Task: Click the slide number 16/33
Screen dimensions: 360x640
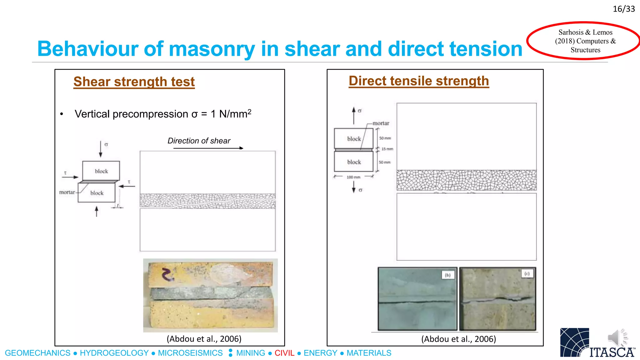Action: (623, 9)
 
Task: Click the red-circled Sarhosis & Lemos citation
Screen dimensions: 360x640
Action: (585, 41)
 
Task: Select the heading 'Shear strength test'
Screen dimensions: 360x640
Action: (134, 82)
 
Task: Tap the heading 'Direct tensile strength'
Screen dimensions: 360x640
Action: (419, 81)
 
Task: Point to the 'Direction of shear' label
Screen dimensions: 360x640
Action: (199, 141)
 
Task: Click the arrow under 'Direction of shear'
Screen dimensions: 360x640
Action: (208, 148)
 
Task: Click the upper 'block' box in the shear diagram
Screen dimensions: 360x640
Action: (101, 171)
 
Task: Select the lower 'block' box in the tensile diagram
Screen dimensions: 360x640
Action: (354, 162)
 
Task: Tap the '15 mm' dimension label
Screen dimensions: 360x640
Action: (387, 149)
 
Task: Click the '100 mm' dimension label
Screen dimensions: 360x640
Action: (353, 177)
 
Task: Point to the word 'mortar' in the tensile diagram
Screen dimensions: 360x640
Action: (381, 123)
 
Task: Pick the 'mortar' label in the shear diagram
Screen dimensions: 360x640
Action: (67, 192)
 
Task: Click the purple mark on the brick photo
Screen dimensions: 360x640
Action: (168, 274)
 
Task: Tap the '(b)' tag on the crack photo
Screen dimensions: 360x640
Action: (448, 275)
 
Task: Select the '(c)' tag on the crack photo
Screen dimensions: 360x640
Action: (527, 274)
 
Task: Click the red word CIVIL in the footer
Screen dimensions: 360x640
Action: (284, 353)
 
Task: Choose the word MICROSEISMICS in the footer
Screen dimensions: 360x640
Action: (190, 353)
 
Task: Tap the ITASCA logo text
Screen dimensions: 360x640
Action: (612, 352)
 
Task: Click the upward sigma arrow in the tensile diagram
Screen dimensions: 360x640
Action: (354, 115)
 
